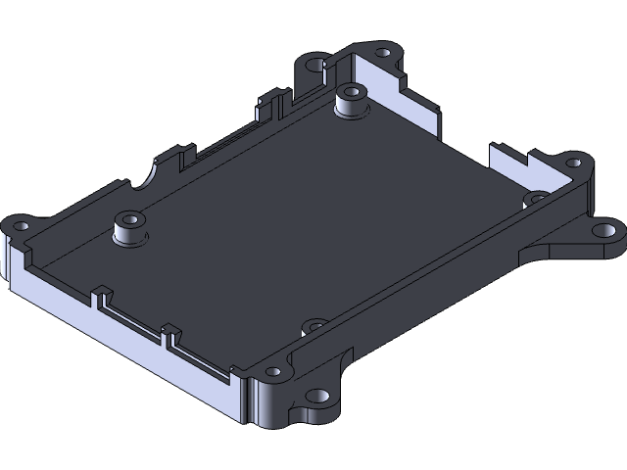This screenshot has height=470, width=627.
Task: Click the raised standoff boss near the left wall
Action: (129, 232)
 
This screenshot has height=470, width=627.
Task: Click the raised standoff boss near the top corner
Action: (350, 103)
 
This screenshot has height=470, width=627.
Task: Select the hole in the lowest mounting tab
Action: (316, 397)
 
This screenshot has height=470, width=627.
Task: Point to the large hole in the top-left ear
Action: (314, 65)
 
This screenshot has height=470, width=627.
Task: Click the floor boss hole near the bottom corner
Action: (314, 324)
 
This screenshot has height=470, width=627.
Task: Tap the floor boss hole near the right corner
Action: (535, 198)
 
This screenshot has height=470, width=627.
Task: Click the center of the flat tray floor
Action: (294, 215)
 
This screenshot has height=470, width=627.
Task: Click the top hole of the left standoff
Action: (129, 219)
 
